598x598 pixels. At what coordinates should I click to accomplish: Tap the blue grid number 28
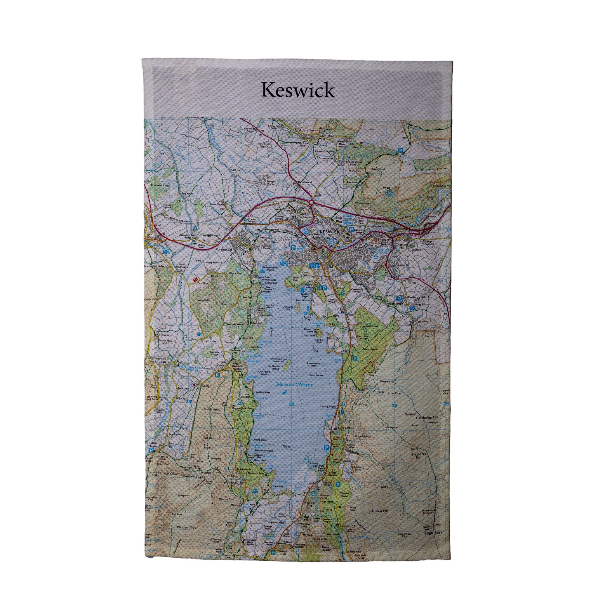pos(394,405)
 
